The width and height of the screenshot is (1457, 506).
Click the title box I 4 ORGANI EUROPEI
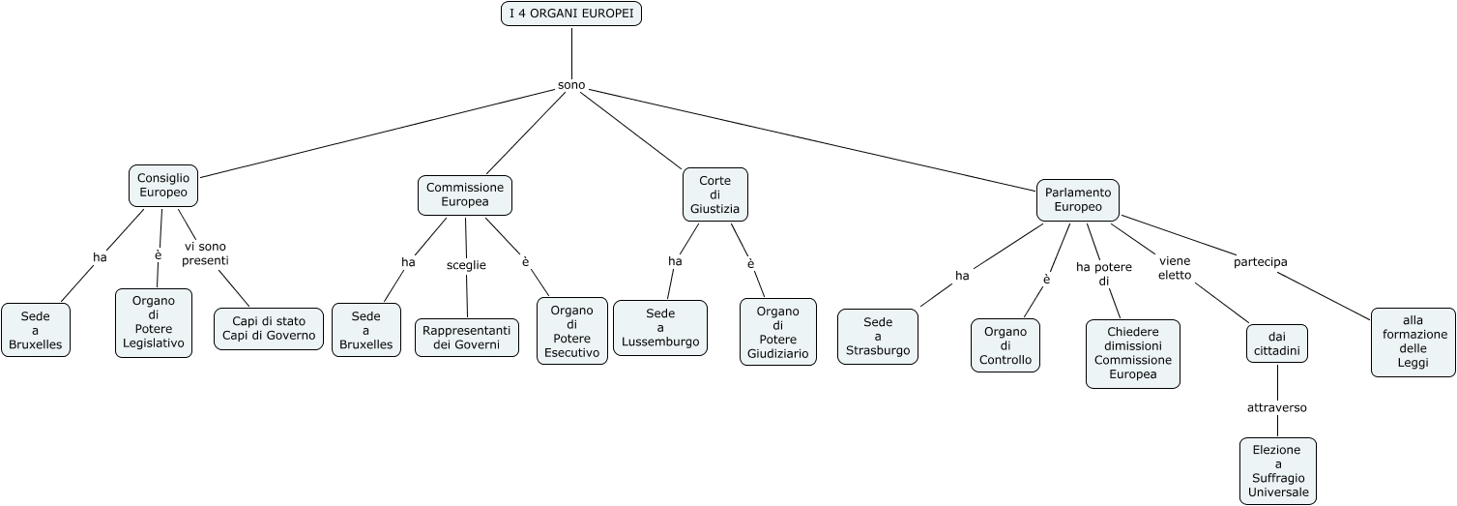[571, 14]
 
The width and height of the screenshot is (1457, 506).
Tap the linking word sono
[571, 85]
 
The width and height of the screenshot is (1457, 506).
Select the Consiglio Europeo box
[163, 185]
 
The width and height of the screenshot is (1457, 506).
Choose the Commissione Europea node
[465, 194]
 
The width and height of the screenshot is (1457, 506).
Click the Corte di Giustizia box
[715, 193]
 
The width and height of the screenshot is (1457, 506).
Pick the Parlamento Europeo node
[1078, 199]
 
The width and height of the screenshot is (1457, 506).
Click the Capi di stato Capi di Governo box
[269, 328]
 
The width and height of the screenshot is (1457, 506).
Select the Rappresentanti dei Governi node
[467, 337]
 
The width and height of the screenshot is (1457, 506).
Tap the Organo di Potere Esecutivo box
[572, 331]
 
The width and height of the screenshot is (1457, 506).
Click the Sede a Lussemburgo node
[660, 328]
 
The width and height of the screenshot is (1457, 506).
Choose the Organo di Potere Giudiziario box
[778, 333]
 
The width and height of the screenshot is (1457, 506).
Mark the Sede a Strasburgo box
[878, 336]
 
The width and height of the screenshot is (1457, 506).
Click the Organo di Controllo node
[1005, 345]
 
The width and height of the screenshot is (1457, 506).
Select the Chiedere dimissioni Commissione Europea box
[1133, 353]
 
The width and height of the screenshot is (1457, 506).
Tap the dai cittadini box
[1277, 343]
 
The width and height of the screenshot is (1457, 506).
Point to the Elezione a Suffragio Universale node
[1278, 471]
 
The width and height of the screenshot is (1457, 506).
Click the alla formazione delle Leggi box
[1413, 342]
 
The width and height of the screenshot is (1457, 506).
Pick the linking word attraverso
[1277, 407]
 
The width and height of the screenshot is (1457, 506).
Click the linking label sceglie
[466, 264]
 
